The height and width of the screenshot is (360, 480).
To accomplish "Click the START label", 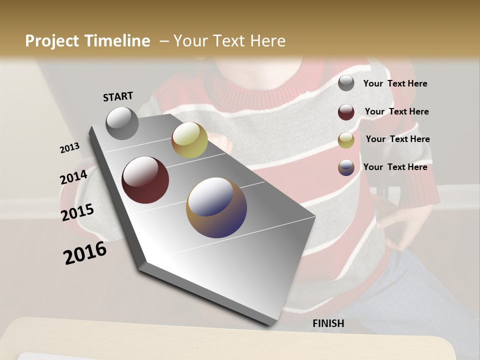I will pos(118,96).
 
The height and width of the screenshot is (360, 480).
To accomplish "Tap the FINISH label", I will pos(328,323).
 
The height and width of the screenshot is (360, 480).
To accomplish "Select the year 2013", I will pos(70,148).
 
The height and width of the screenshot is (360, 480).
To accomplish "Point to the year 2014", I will pos(73,177).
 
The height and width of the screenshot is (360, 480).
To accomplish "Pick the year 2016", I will pos(85,253).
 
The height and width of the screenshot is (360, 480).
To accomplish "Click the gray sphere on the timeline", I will pos(122,123).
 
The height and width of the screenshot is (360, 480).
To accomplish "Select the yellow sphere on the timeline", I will pos(189,140).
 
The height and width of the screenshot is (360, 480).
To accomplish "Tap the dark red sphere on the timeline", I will pos(145,180).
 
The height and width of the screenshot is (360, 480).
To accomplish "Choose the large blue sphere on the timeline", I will pos(216,207).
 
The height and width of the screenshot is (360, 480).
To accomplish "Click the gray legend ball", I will pos(346,83).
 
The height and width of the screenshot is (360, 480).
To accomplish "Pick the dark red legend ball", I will pos(346,112).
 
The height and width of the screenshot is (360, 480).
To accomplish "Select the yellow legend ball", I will pos(346,140).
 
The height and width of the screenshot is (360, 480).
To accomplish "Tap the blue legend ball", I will pos(346,167).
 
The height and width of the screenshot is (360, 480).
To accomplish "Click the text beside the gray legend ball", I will pos(395,84).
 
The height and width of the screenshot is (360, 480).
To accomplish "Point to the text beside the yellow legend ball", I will pos(397,139).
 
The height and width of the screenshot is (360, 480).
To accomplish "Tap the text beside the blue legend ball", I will pos(395,167).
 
